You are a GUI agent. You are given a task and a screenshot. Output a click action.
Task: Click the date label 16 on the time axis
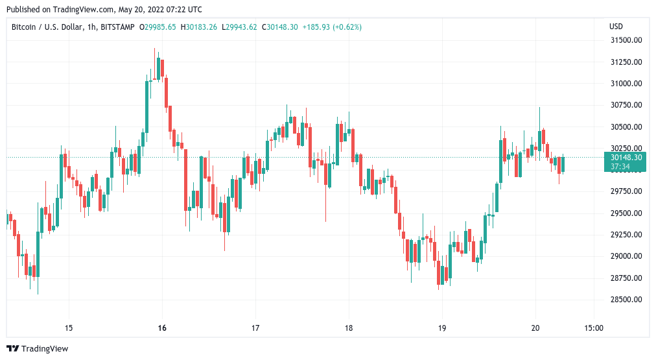(162, 328)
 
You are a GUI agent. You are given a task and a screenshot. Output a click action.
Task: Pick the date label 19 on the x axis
(442, 328)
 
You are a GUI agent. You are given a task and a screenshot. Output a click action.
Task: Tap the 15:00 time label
(594, 328)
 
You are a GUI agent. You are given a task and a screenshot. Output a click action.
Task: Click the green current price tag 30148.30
(626, 157)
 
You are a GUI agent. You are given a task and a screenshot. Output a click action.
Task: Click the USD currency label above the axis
(616, 27)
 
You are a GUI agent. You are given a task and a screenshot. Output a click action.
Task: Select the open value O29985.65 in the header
(159, 27)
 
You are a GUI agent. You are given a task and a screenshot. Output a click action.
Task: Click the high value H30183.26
(200, 27)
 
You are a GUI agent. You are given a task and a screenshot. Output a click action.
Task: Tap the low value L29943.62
(239, 27)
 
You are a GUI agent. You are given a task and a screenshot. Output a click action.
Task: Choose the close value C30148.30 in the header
(279, 27)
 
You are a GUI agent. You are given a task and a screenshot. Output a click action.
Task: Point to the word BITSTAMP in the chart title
(120, 27)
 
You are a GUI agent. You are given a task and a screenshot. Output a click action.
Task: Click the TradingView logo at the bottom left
(37, 349)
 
